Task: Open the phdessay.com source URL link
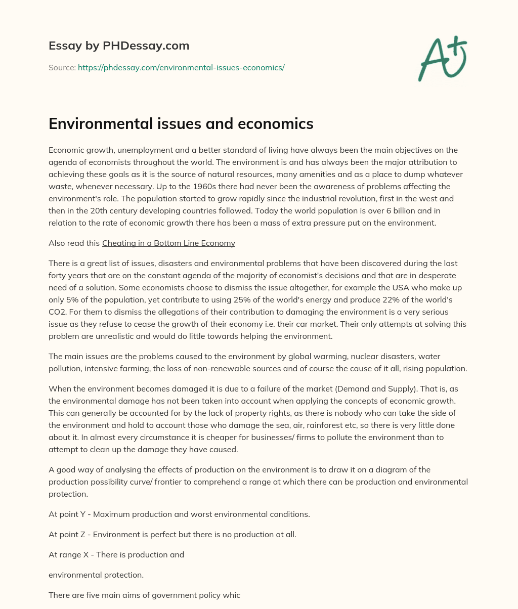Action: [x=181, y=67]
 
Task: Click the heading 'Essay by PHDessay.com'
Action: [x=119, y=46]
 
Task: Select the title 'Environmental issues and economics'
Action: [x=181, y=124]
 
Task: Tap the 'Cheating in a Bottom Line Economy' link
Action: [x=168, y=243]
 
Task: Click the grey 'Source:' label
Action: [x=62, y=67]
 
